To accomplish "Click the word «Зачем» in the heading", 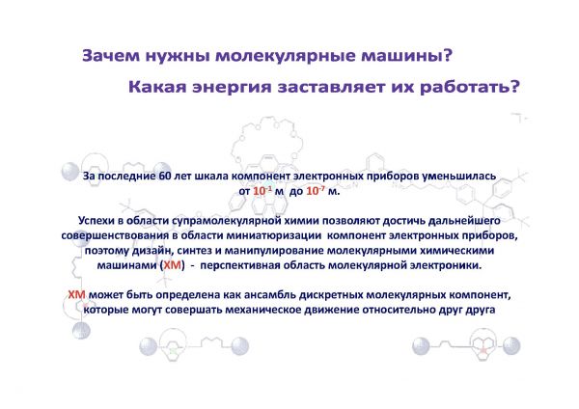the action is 111,56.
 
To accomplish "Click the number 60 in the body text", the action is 165,177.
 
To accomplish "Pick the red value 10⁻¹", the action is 262,191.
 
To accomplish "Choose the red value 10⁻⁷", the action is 316,191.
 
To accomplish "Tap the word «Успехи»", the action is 95,221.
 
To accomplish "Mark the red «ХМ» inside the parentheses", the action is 172,265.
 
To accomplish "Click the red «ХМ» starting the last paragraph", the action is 77,295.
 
